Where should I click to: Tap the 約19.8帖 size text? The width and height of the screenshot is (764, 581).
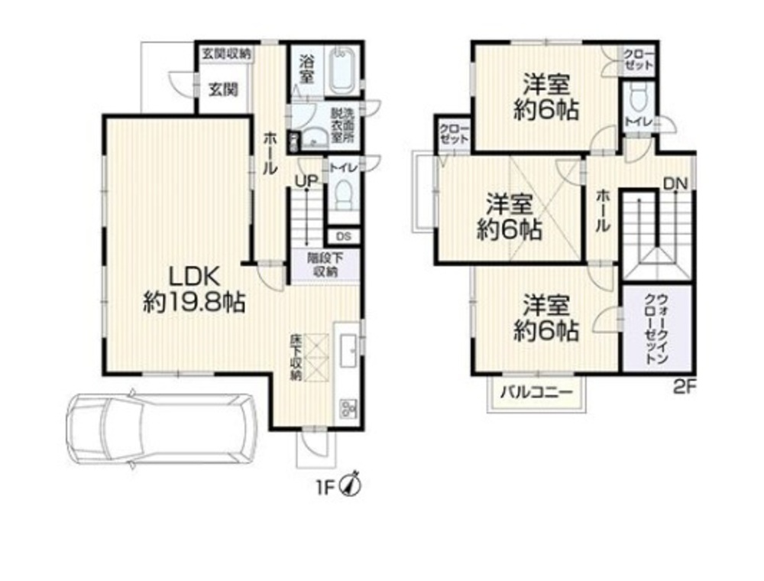coord(194,303)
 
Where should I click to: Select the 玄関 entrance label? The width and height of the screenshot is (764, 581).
coord(224,89)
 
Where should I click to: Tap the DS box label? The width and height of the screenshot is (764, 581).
coord(344,237)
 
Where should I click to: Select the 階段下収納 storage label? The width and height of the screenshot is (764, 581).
coord(325,265)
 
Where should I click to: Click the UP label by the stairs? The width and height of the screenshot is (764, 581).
coord(306,181)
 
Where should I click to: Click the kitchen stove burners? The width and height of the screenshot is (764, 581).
coord(349,408)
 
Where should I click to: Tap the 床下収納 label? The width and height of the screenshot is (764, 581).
coord(295,357)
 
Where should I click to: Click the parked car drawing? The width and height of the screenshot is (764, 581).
coord(160,428)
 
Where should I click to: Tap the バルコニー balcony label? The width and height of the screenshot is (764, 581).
coord(536,392)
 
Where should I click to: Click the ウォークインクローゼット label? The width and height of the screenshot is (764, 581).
coord(656,328)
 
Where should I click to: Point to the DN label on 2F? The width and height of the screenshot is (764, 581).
coord(675,183)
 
